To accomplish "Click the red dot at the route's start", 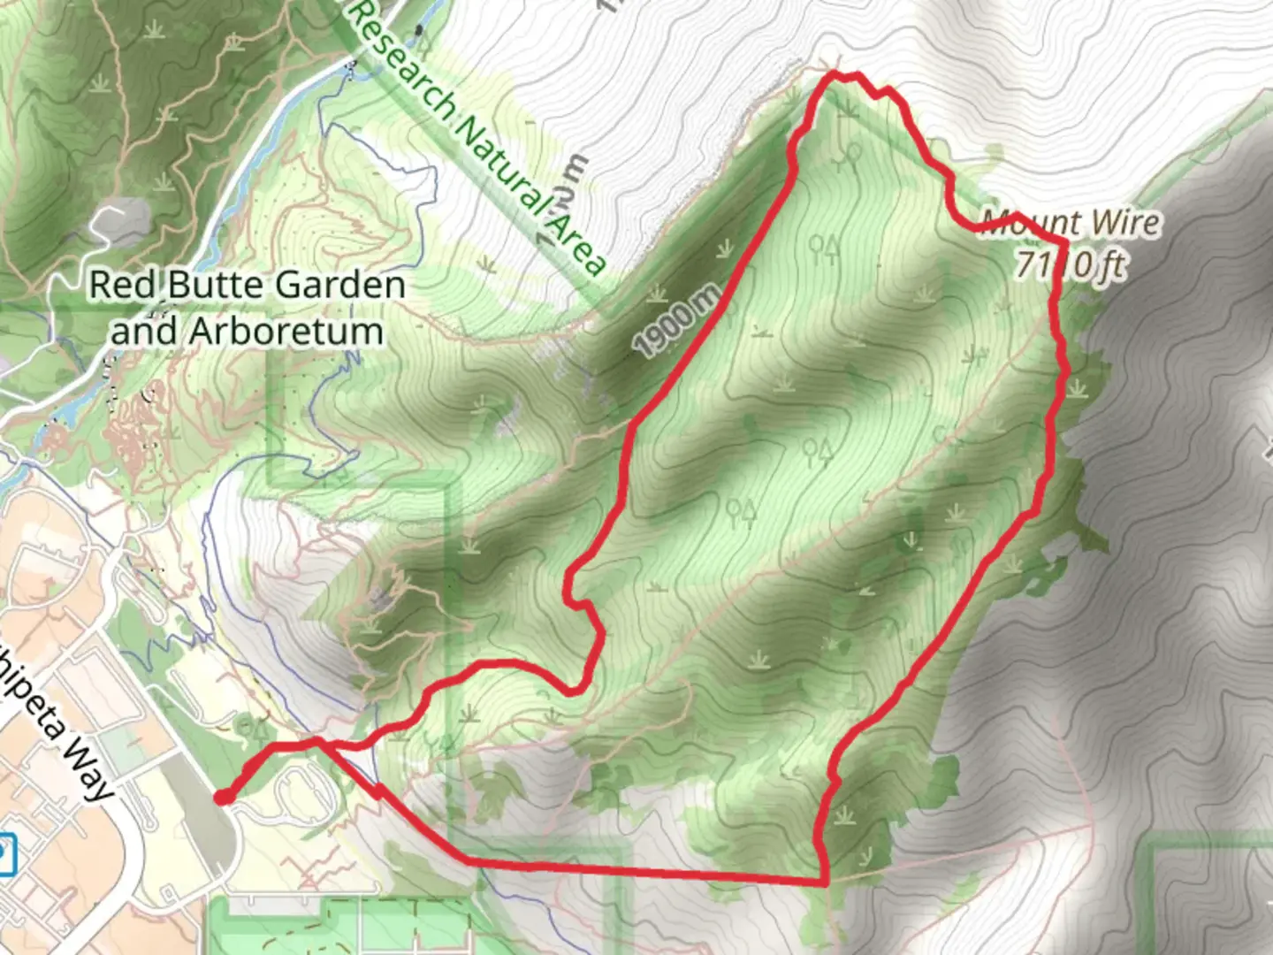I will [x=224, y=798].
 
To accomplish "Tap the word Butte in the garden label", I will [x=216, y=286].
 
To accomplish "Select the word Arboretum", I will [x=286, y=332].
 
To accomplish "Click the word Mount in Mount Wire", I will [x=1031, y=222].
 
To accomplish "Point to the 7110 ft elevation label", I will [x=1070, y=264].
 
